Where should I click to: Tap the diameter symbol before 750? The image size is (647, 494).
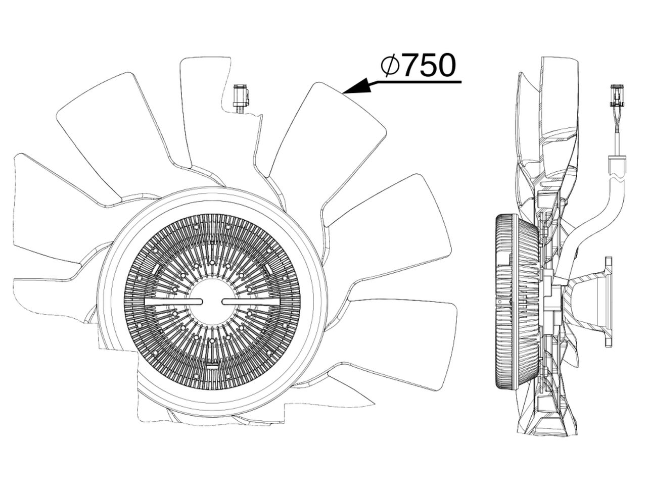click(391, 66)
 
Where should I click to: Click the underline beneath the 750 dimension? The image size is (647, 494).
click(414, 81)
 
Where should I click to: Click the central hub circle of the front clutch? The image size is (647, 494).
click(212, 301)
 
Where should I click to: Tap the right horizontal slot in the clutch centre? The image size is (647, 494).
click(251, 302)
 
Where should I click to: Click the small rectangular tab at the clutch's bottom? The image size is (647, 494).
click(212, 365)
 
